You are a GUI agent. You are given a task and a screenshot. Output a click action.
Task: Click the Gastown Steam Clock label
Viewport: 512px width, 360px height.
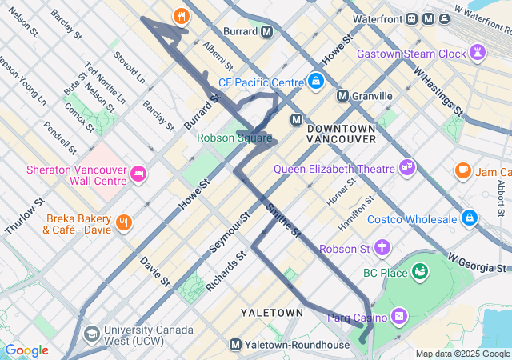pos(411,54)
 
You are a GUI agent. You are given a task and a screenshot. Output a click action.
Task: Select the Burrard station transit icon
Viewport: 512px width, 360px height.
pos(267,32)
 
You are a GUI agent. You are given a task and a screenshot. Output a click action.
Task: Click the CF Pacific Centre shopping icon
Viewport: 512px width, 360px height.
pos(317,82)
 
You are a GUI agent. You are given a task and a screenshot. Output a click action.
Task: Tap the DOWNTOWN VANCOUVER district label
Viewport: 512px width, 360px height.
pos(341,134)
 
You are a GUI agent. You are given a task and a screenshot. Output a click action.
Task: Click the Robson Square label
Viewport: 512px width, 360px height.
pos(234,138)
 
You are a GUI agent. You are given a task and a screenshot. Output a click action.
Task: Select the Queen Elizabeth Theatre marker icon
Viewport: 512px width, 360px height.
pos(408,168)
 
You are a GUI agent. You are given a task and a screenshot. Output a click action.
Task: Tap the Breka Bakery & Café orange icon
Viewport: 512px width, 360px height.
pos(123,222)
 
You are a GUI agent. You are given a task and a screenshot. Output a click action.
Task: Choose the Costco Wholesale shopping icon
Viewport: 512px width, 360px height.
pos(470,218)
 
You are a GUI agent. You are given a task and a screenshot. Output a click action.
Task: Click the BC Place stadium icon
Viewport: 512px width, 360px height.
pos(419,273)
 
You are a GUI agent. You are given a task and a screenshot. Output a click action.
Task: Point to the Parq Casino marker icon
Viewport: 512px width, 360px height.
pos(399,318)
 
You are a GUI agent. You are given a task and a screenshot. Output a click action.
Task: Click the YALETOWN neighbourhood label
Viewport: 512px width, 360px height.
pos(272,312)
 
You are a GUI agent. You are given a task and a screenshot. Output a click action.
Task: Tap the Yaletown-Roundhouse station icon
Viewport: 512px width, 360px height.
pos(235,345)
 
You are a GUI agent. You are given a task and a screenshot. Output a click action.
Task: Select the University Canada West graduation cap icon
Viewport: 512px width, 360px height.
pos(94,333)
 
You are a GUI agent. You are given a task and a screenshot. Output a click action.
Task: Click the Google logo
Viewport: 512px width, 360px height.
pos(26,350)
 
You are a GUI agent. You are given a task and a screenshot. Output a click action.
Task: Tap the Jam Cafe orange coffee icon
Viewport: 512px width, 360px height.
pos(462,170)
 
